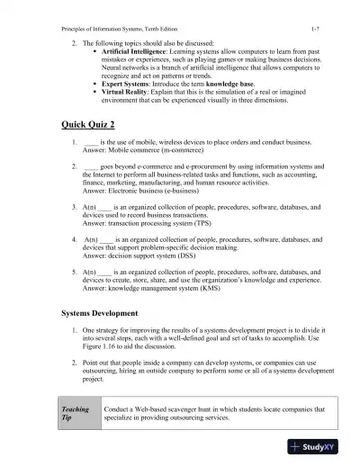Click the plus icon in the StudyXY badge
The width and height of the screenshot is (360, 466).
tap(296, 446)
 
